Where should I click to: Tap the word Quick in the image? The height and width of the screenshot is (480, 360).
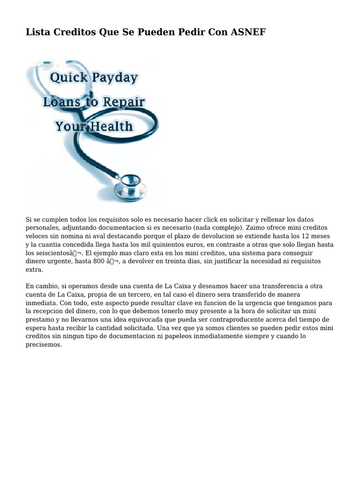[x=68, y=77]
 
